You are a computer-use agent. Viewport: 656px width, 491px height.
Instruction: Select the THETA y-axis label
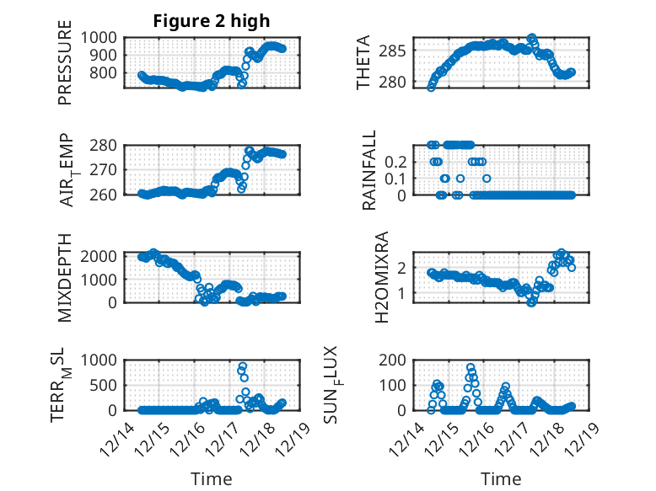click(x=363, y=62)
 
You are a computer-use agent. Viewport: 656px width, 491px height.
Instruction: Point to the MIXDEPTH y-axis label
click(x=65, y=276)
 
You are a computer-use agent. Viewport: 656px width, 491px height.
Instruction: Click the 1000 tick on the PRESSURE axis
click(x=102, y=37)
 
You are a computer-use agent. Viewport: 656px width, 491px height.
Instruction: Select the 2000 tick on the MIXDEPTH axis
click(x=102, y=256)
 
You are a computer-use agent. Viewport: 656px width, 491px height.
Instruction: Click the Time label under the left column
click(x=211, y=479)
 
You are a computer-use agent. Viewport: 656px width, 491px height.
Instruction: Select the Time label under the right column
click(x=501, y=479)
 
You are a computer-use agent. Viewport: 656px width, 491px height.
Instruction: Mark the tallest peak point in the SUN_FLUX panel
click(x=470, y=367)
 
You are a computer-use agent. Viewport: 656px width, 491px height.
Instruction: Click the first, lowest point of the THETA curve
click(x=431, y=87)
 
